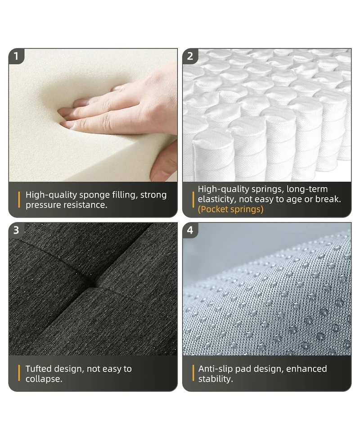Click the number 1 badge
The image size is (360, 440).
pos(16,56)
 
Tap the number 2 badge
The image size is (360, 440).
pos(190,56)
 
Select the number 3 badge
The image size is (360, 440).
pos(16,230)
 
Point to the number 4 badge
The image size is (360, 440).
pos(190,230)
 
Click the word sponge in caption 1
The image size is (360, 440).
pos(94,195)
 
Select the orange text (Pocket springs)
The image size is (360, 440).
pos(230,209)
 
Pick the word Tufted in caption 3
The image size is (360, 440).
pos(38,369)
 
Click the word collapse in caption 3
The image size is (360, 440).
pos(44,379)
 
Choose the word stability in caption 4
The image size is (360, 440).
pos(216,379)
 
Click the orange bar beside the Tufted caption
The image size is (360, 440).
pos(19,373)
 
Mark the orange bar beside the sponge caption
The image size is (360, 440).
pos(19,200)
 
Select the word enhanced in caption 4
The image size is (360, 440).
pos(306,369)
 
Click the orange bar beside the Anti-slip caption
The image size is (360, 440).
pos(193,373)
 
